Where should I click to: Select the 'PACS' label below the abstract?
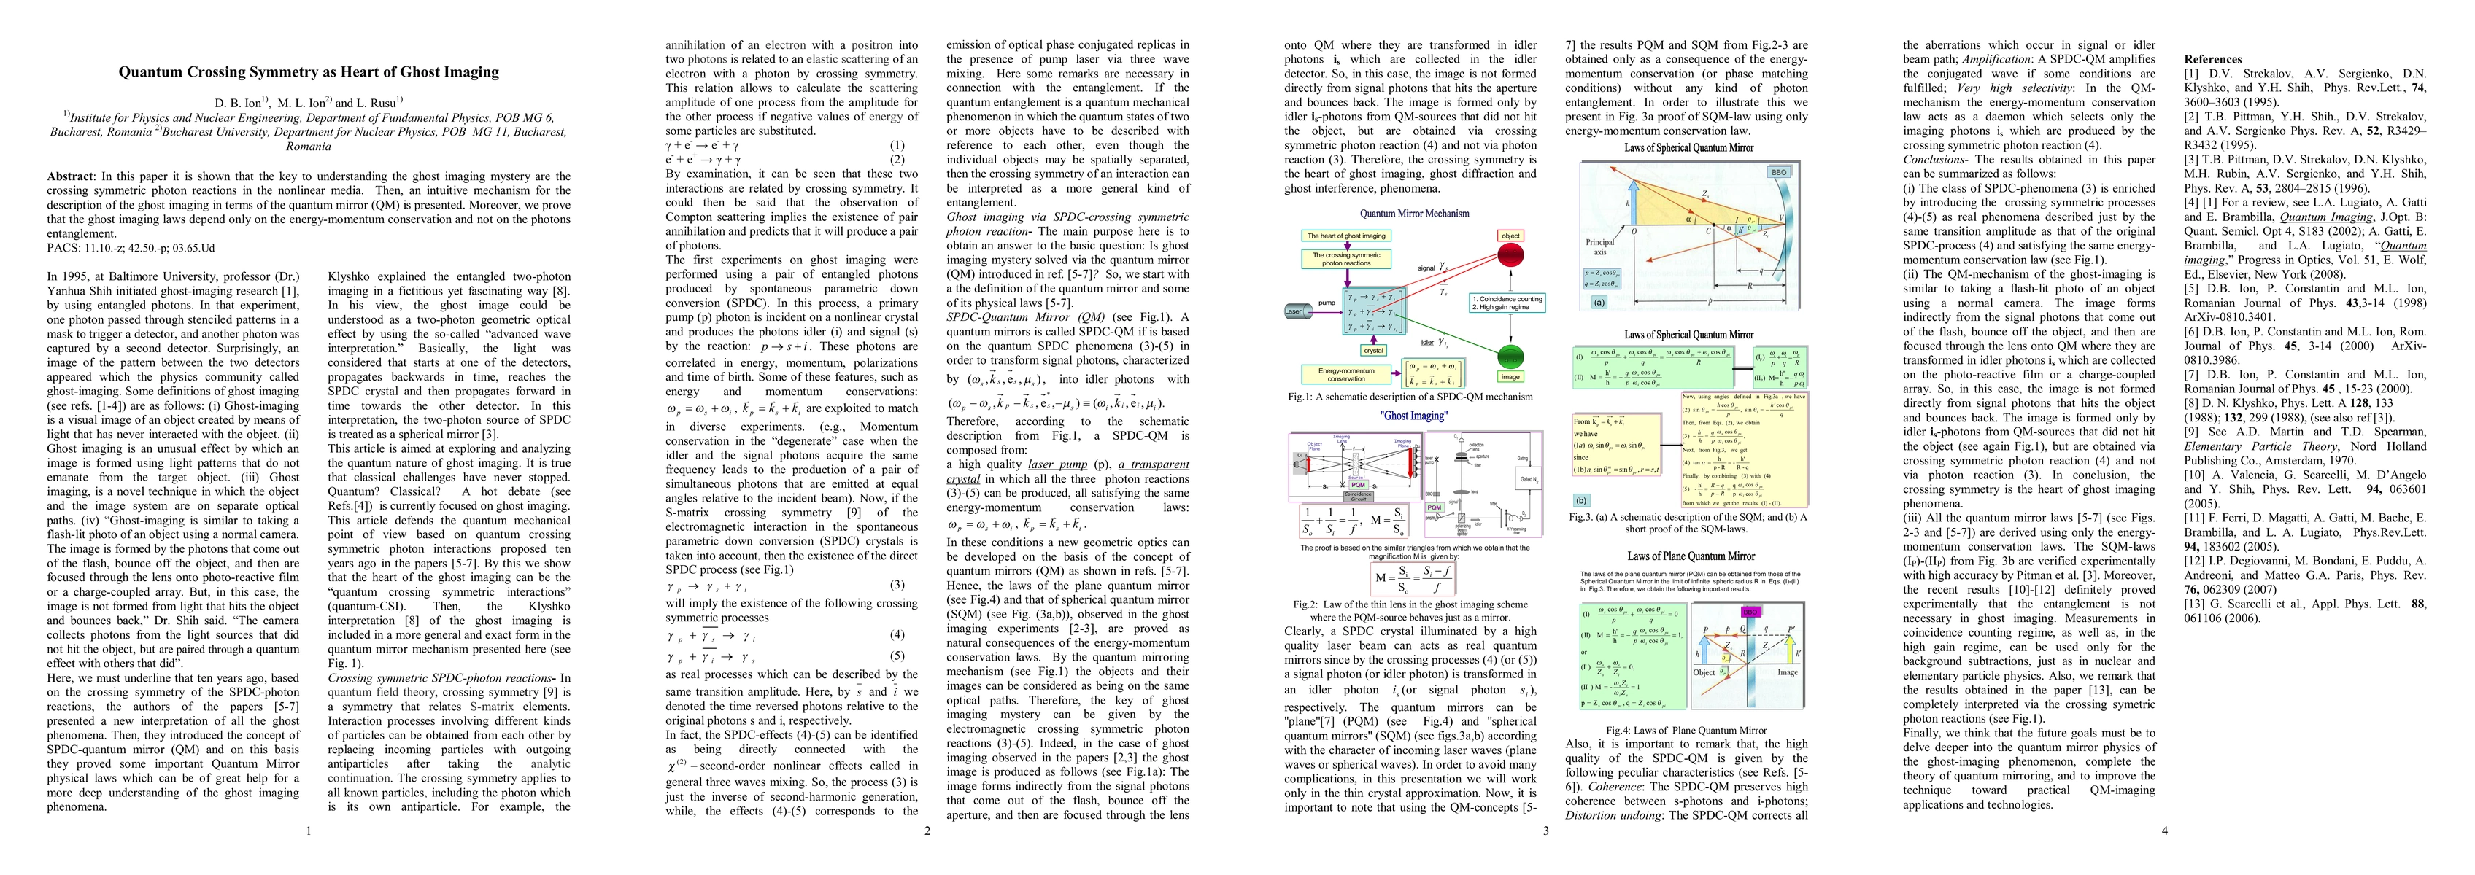(x=64, y=248)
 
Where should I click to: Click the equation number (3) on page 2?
(x=897, y=585)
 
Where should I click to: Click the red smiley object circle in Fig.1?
(x=1511, y=255)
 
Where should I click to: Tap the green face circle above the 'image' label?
(x=1510, y=357)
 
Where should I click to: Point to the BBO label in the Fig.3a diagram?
(x=1777, y=173)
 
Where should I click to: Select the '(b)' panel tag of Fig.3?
(x=1581, y=500)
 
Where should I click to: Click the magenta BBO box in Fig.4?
(x=1750, y=612)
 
